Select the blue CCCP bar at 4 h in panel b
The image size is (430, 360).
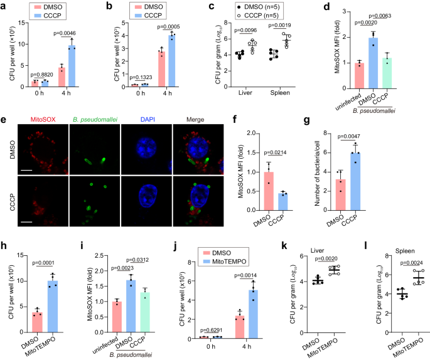tap(181, 60)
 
